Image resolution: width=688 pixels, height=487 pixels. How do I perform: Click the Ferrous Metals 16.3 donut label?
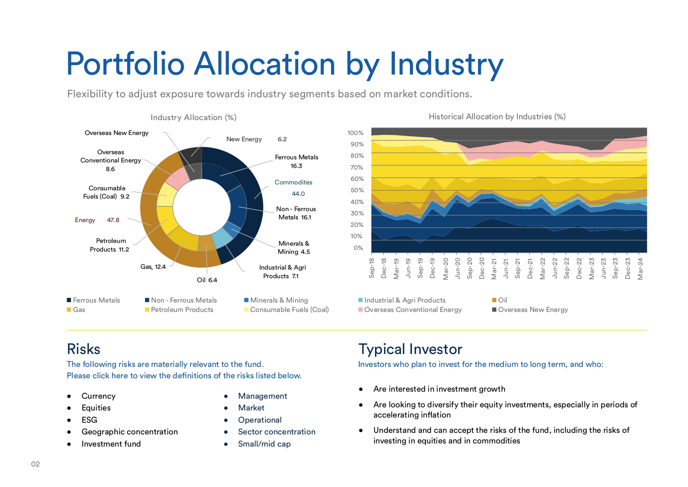(296, 161)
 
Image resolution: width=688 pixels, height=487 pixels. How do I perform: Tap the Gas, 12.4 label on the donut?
(153, 267)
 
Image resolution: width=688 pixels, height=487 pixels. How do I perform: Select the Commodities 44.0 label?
(294, 188)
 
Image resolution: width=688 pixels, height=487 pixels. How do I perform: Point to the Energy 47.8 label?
(97, 220)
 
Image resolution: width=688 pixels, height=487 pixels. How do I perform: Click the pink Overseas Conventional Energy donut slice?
(177, 179)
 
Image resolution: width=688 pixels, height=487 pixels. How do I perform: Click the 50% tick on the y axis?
(357, 190)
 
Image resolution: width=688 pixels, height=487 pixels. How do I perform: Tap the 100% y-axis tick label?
(355, 133)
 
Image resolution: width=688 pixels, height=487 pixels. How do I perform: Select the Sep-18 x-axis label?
(372, 268)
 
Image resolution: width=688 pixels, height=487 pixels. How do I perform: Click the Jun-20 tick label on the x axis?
(457, 268)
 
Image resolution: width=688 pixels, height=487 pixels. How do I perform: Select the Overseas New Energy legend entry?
(530, 310)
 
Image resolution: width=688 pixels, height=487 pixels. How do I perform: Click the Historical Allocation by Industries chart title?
(497, 117)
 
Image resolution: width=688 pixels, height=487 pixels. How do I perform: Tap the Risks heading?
(84, 349)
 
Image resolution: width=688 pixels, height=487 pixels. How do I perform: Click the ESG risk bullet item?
(89, 420)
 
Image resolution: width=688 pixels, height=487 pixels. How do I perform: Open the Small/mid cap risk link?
(264, 444)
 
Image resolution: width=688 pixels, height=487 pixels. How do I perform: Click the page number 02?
(35, 464)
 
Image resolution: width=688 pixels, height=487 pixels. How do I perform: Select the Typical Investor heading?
(410, 349)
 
